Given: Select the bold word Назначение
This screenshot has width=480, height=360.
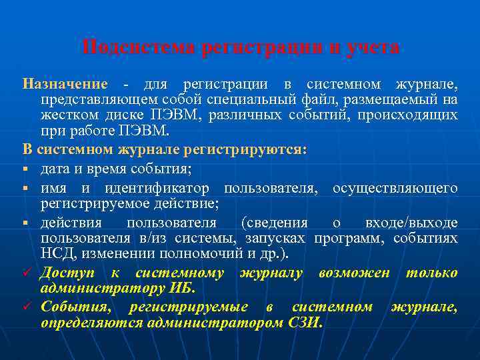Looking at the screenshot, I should pos(65,85).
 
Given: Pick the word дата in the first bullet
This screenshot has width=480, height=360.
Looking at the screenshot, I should pos(55,166).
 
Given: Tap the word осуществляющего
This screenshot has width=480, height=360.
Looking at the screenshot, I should pos(395,188).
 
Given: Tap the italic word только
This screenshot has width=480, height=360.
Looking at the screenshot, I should pos(432,272).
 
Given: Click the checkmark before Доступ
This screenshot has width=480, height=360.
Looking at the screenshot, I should pos(27,273).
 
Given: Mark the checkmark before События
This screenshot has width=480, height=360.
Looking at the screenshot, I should pos(27,307).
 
